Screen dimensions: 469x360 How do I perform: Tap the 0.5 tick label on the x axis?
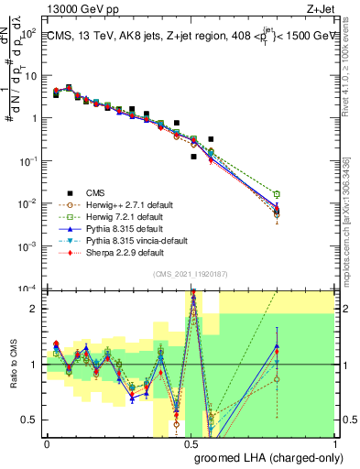(191, 443)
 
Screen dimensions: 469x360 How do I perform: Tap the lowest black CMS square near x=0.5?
(194, 157)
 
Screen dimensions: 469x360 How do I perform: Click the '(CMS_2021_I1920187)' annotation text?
(190, 272)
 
